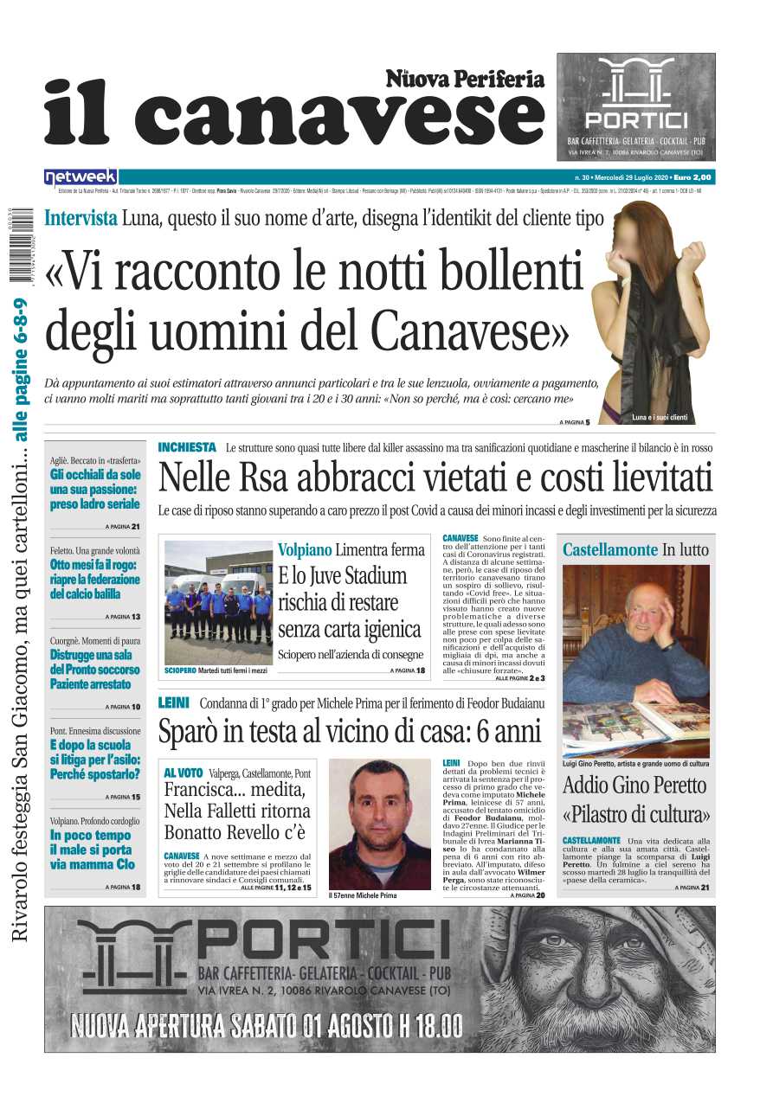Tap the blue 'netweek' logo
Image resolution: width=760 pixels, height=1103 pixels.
coord(81,176)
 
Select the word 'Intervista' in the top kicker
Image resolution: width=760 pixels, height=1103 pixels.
coord(81,218)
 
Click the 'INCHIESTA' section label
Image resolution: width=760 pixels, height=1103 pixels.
coord(187,447)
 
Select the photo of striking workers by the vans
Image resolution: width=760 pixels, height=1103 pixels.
coord(217,600)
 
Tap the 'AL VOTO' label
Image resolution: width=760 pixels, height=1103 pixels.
coord(184,773)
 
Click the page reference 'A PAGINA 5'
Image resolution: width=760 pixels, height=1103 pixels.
coord(575,422)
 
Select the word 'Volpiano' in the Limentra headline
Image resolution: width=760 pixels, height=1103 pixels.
coord(305,549)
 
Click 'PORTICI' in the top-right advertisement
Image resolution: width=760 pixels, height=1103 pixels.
coord(636,119)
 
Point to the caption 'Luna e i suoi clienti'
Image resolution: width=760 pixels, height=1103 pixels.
coord(660,418)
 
